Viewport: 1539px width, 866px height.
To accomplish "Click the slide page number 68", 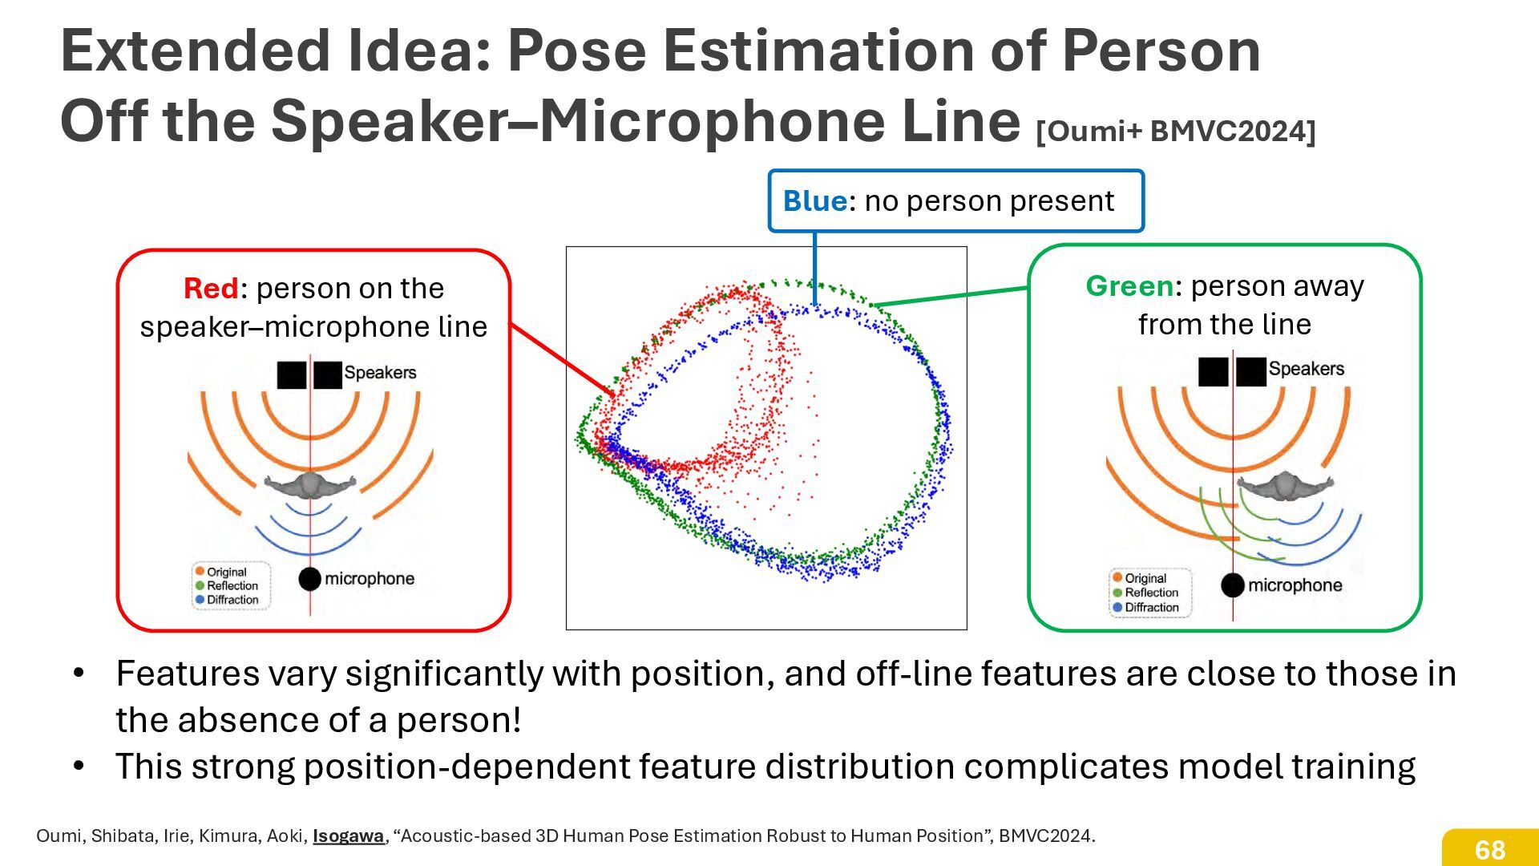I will (x=1490, y=849).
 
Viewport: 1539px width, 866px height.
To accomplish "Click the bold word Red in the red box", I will (x=211, y=288).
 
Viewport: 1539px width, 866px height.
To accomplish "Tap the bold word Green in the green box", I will (x=1129, y=286).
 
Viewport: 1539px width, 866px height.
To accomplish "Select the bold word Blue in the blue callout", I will (x=814, y=200).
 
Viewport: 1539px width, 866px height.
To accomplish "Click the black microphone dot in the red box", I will (x=310, y=579).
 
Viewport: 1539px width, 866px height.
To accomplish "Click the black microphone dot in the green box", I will (x=1233, y=585).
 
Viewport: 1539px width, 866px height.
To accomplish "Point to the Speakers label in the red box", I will (x=380, y=372).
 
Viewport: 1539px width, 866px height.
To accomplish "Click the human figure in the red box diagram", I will (x=310, y=484).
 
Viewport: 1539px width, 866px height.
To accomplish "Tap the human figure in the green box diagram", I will (x=1285, y=485).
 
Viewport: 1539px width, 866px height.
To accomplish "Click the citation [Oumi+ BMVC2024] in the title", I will (x=1176, y=131).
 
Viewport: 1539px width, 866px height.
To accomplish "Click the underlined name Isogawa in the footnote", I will (x=348, y=836).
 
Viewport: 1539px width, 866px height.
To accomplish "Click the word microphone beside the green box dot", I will (x=1295, y=585).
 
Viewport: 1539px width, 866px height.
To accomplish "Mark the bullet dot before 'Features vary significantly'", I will (x=79, y=673).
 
